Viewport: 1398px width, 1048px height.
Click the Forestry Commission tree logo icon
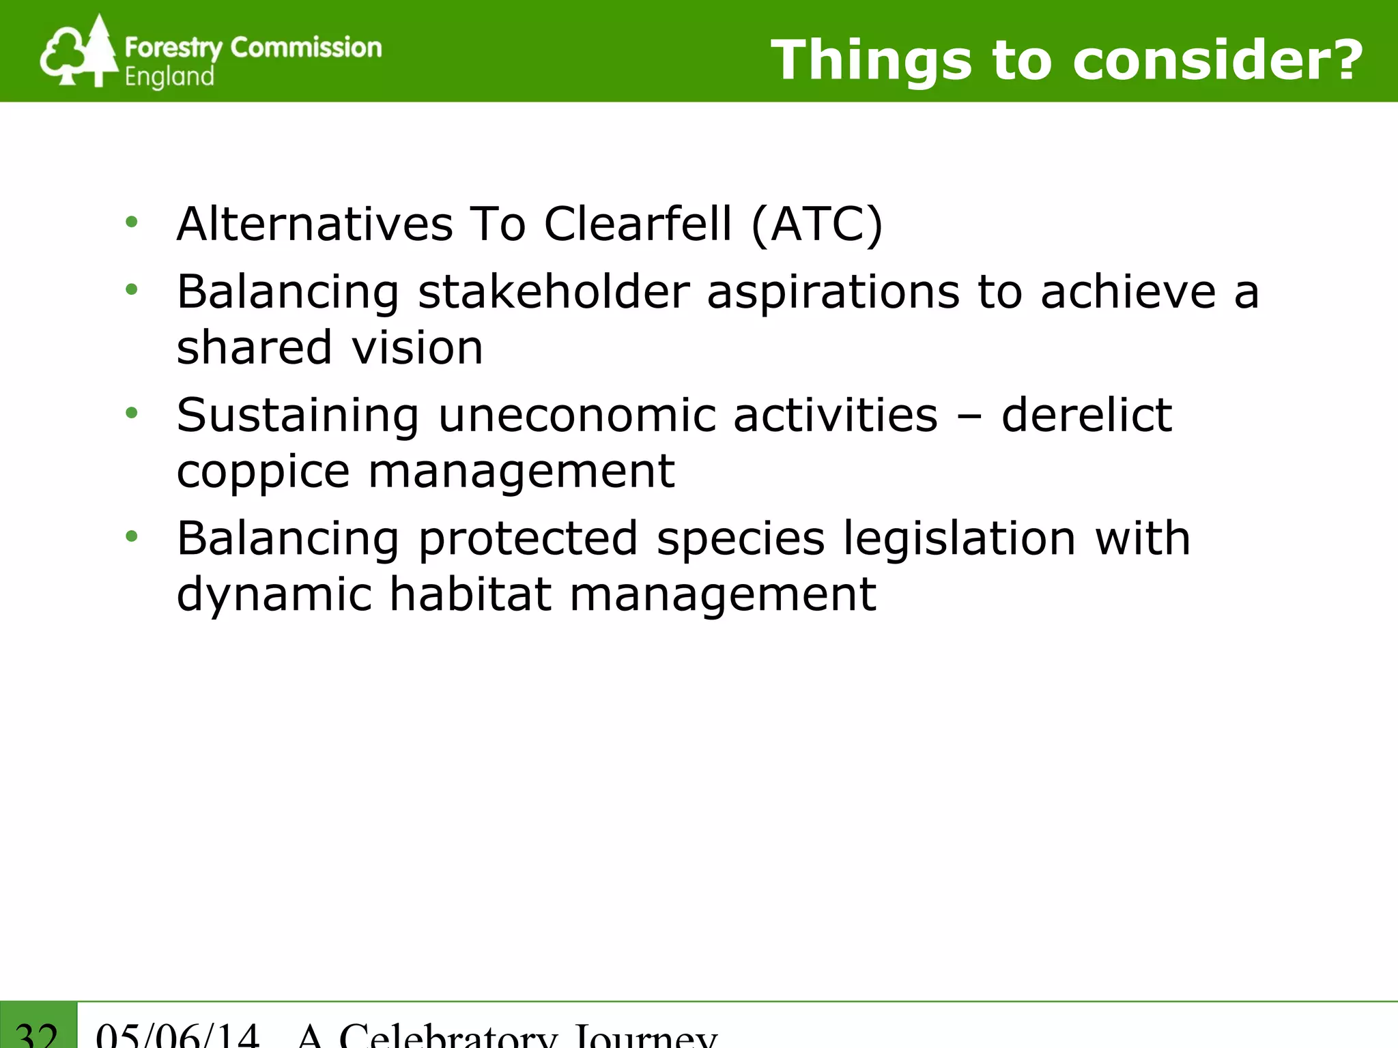pos(79,52)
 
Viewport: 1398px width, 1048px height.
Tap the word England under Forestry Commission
pos(169,76)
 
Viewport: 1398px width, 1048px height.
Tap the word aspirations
pos(833,293)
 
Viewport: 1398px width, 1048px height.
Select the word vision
pos(417,347)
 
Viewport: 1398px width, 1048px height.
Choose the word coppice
pos(263,472)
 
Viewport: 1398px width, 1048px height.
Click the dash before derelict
pos(969,416)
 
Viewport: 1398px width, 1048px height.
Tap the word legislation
pos(960,539)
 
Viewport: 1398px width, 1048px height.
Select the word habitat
pos(470,594)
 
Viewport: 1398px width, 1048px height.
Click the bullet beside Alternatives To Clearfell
pos(132,222)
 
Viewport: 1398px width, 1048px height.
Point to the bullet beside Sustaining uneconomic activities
pos(132,413)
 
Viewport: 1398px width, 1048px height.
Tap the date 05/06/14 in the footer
pos(177,1036)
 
